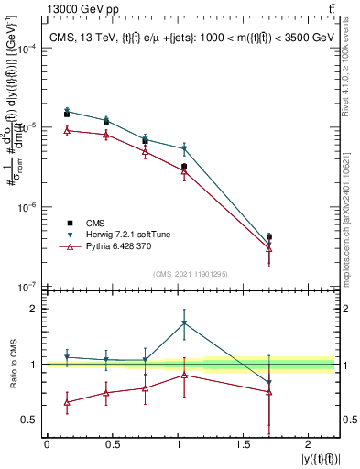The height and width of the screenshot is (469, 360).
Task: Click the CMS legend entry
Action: [x=94, y=223]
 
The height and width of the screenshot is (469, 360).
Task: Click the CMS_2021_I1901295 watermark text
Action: [x=191, y=274]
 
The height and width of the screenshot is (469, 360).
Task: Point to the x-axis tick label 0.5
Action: [x=111, y=444]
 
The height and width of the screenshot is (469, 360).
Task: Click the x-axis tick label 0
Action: [x=47, y=444]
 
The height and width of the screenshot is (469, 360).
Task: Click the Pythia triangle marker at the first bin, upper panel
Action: [x=67, y=130]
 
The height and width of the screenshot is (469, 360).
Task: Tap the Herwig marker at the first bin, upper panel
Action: [x=67, y=110]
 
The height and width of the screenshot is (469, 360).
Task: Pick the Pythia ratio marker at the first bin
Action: [x=67, y=402]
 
